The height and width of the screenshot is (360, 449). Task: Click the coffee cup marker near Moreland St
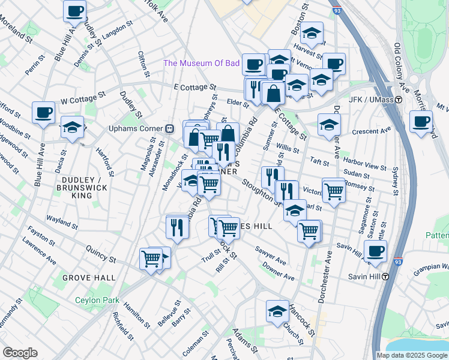click(x=74, y=10)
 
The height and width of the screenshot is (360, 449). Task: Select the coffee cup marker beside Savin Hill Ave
click(x=375, y=251)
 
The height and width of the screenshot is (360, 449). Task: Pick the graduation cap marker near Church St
click(x=277, y=311)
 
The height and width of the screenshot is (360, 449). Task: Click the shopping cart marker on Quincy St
click(x=151, y=259)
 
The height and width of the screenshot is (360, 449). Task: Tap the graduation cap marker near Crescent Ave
click(x=328, y=125)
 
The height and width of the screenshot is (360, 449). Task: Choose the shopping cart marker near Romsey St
click(x=334, y=191)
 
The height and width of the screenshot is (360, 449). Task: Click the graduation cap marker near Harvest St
click(x=312, y=33)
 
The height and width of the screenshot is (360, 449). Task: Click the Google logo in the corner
click(x=20, y=353)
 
